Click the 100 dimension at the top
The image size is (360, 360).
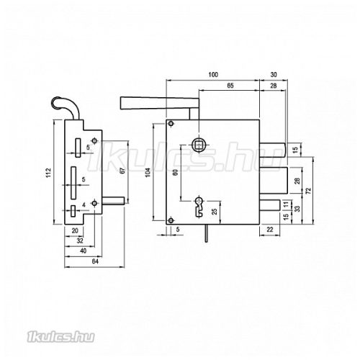(x=213, y=75)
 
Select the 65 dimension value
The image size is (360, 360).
(x=230, y=86)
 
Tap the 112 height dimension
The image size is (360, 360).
(x=48, y=173)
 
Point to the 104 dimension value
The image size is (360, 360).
(x=148, y=172)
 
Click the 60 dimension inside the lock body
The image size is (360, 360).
(x=176, y=172)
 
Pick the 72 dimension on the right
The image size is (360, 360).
(x=308, y=191)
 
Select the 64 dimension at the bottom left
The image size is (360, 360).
(x=95, y=261)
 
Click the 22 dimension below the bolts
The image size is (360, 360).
(x=270, y=230)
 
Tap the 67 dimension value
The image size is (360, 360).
(x=122, y=171)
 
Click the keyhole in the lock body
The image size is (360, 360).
(x=199, y=207)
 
